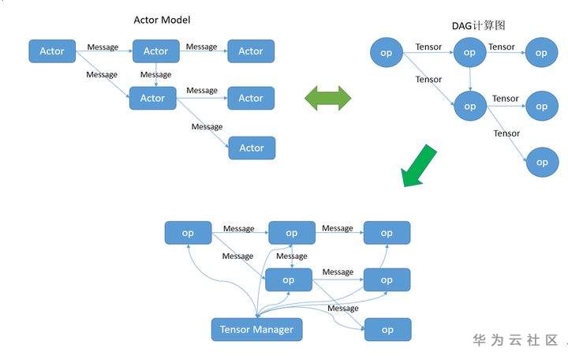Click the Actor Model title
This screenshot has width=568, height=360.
click(162, 20)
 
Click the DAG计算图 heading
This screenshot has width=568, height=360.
click(479, 26)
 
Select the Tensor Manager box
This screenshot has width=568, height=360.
click(256, 329)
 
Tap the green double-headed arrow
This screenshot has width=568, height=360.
click(328, 98)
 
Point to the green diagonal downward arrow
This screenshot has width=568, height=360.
click(418, 167)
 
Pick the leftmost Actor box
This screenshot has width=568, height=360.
click(52, 51)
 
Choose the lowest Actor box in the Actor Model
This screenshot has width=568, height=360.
click(252, 148)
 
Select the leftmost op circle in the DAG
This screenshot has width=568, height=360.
click(387, 53)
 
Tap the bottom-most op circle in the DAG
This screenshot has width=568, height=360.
click(542, 162)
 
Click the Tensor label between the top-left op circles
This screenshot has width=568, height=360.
click(428, 47)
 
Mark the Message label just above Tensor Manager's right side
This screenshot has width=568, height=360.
click(343, 309)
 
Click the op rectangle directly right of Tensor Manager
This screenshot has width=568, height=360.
click(387, 329)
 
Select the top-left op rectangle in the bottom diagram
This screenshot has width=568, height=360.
click(188, 233)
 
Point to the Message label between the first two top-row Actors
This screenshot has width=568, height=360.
click(103, 47)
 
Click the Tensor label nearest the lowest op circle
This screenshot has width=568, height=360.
click(506, 133)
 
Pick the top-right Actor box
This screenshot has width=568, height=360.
click(251, 51)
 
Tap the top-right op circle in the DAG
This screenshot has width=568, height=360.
click(541, 53)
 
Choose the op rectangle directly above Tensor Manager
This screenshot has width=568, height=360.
click(289, 280)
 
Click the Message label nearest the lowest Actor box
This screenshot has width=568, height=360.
click(207, 127)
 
